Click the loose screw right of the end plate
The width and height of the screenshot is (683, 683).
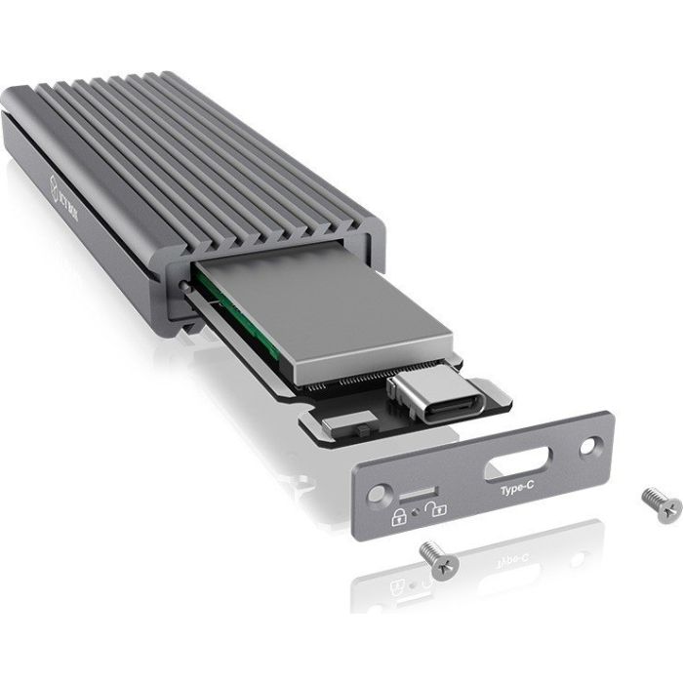[662, 504]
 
